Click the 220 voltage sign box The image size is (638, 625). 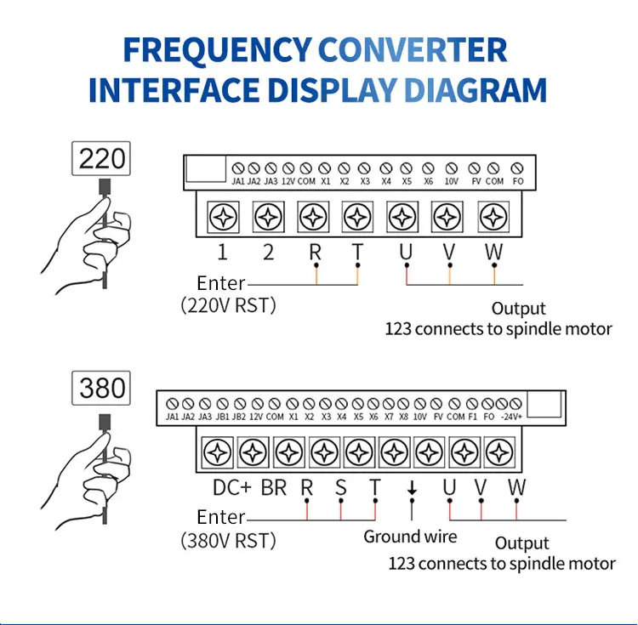[102, 158]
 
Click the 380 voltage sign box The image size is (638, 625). [102, 389]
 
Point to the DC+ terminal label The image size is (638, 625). [232, 488]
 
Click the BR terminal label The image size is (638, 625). [273, 488]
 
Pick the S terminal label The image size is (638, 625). [341, 488]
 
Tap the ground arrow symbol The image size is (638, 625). [412, 488]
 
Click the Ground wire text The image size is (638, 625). [410, 537]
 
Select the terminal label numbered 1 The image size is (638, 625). [223, 253]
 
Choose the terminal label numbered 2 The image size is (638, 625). [269, 253]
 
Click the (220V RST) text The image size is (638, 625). [229, 305]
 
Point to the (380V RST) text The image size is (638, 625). [229, 540]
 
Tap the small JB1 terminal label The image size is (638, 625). [223, 418]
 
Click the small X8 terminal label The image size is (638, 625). [404, 418]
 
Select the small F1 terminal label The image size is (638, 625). [473, 418]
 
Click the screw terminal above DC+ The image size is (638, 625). [219, 450]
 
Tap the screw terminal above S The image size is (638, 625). [324, 450]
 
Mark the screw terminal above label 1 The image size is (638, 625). [223, 217]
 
